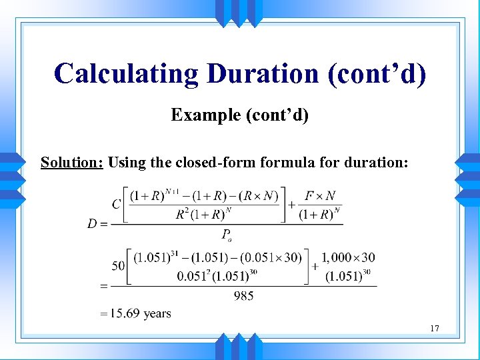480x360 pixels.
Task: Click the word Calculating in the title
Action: [x=127, y=73]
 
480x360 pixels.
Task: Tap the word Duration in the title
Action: [x=263, y=73]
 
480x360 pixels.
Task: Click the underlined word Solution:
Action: [x=71, y=162]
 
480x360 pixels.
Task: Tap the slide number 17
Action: [x=435, y=328]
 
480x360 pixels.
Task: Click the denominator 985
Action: [x=244, y=295]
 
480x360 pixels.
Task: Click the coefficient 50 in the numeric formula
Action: [x=118, y=266]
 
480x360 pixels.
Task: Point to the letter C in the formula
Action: [x=116, y=205]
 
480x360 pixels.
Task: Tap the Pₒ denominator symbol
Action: [x=226, y=233]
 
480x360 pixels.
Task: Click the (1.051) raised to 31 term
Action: [x=153, y=257]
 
